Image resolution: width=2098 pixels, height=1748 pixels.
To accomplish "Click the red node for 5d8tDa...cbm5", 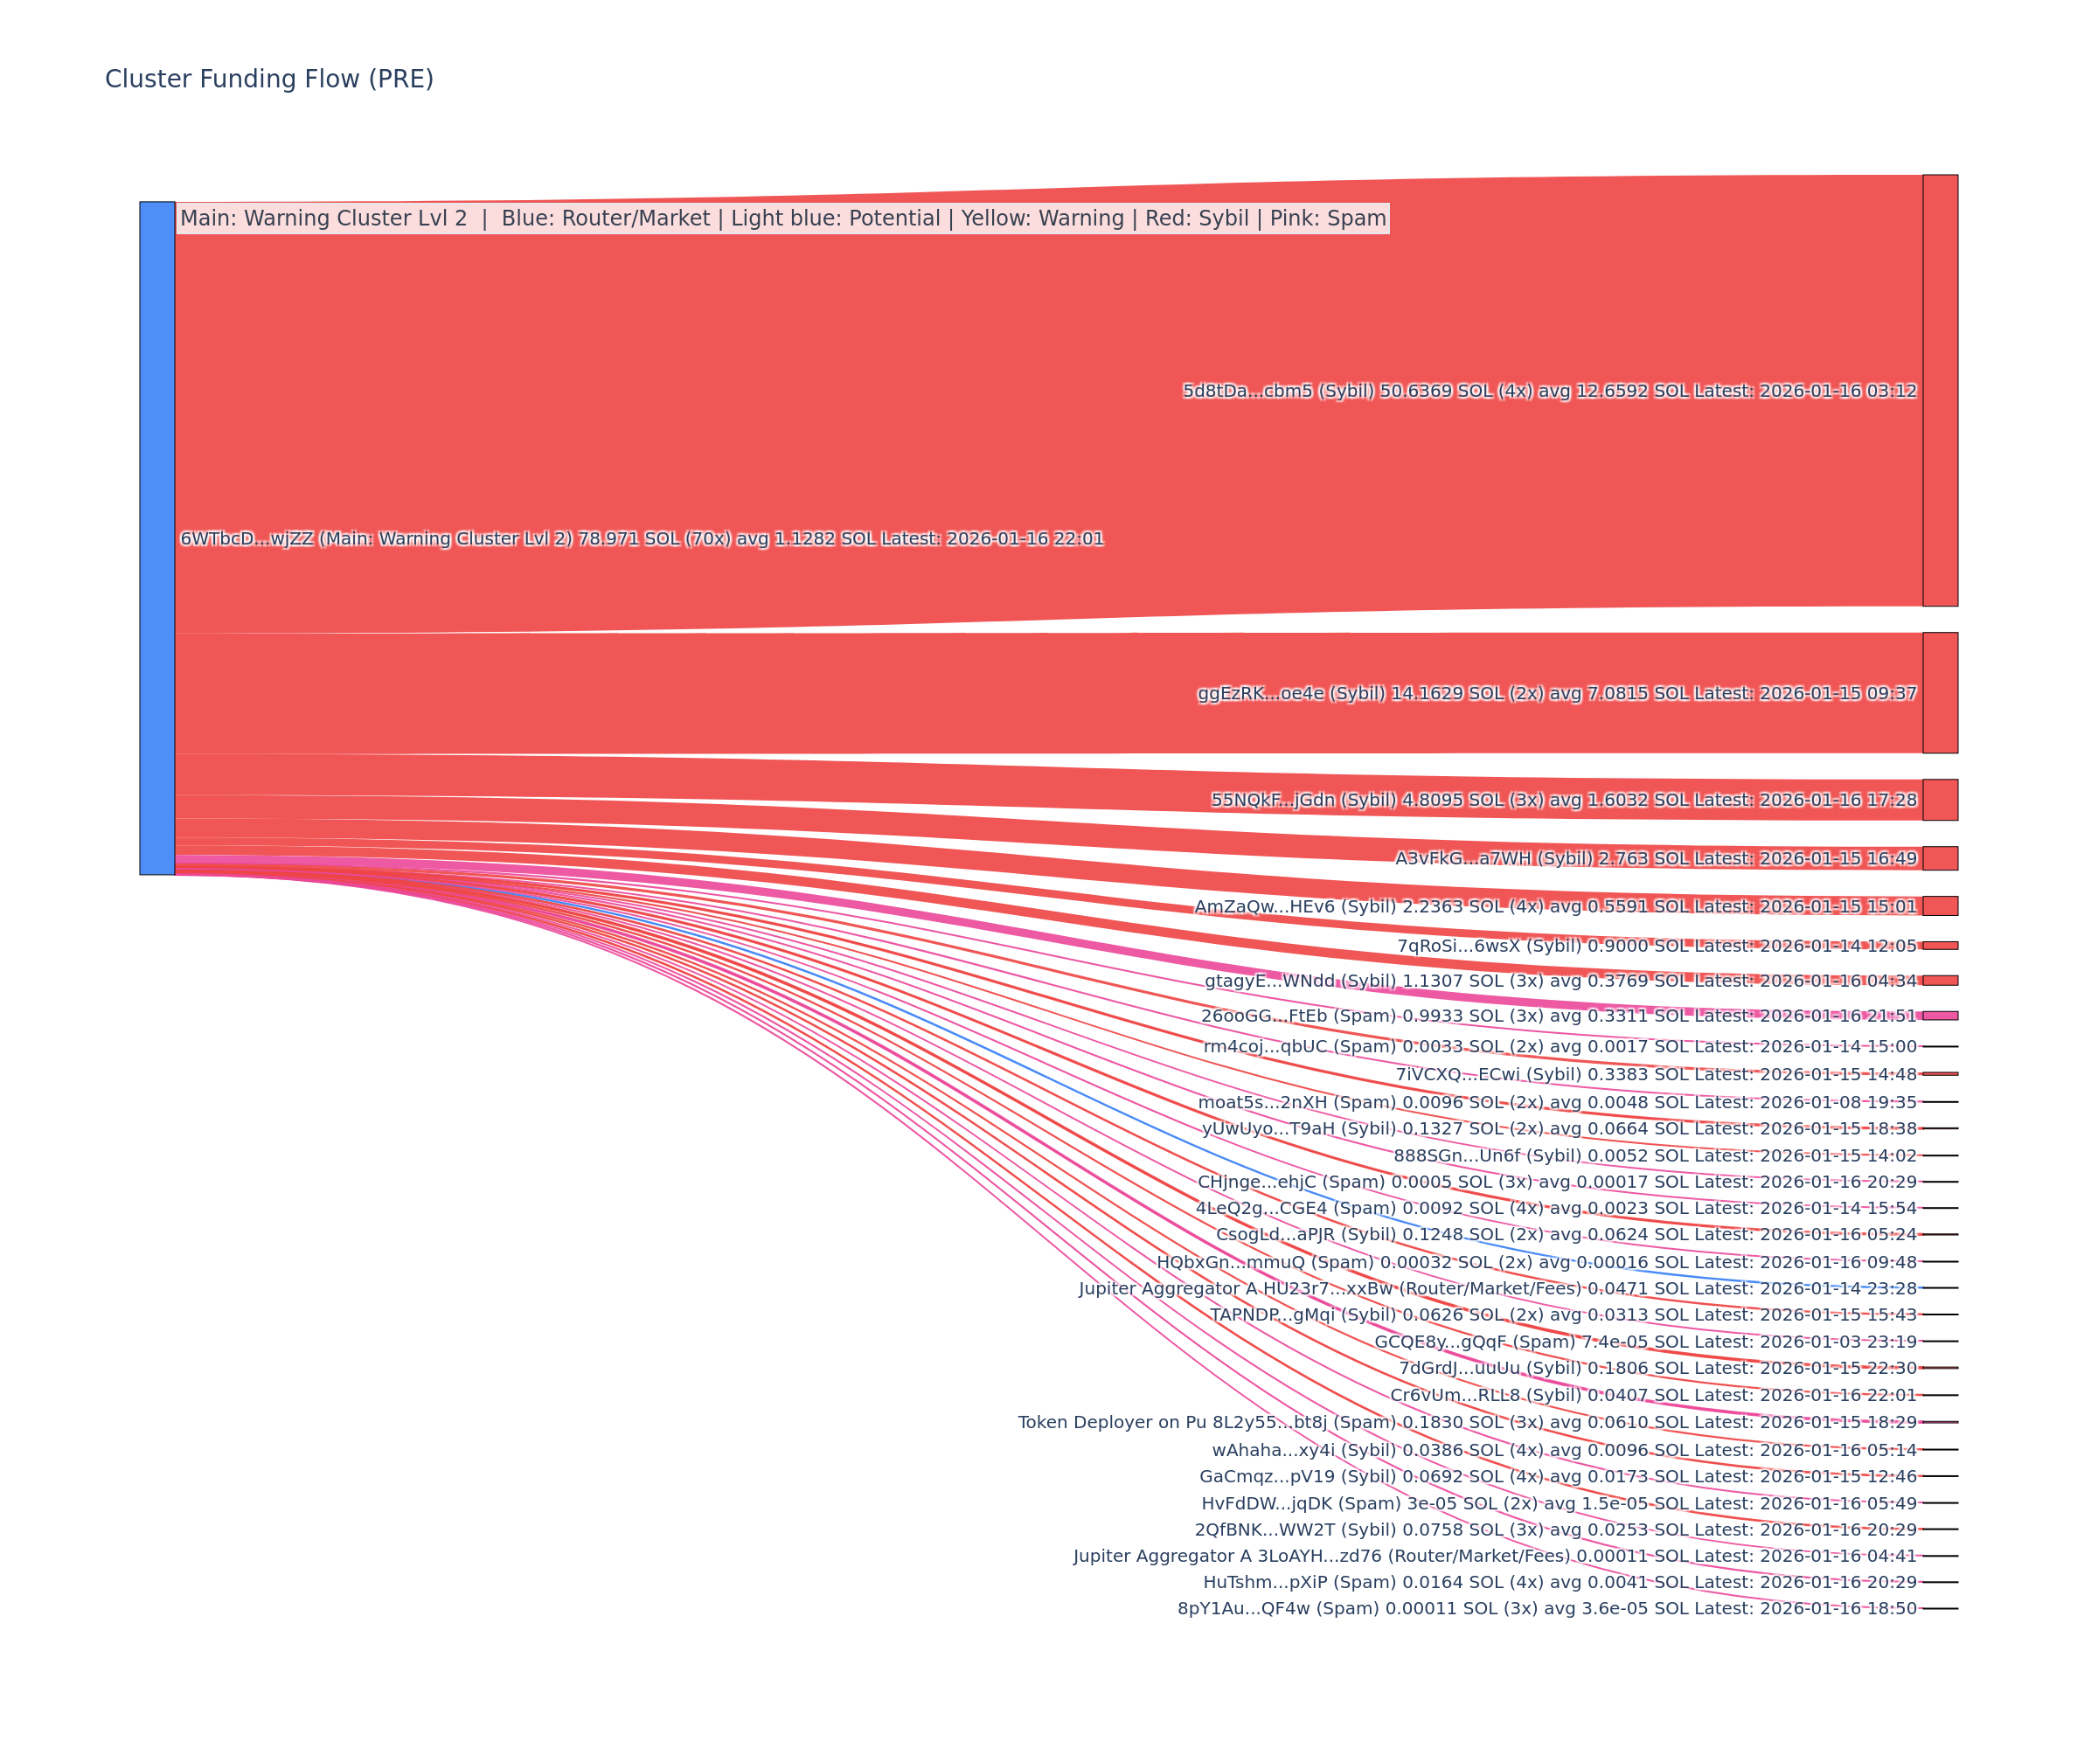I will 1939,391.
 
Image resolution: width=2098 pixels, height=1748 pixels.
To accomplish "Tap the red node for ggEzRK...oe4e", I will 1939,692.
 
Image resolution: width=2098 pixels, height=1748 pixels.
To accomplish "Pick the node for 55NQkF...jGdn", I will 1939,799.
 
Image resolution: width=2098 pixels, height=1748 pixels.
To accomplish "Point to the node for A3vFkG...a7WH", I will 1939,858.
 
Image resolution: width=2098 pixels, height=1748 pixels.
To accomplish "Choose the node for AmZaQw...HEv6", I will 1939,906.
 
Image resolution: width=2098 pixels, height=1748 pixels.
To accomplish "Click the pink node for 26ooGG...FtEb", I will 1939,1016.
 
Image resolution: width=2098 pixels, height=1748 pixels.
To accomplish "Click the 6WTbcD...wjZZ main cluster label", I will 642,538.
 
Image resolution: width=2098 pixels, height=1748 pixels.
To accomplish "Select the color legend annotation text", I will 782,218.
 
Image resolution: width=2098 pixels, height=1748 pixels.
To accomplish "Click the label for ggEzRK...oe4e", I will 1557,693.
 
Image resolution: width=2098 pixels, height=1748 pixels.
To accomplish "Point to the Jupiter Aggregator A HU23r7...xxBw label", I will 1497,1288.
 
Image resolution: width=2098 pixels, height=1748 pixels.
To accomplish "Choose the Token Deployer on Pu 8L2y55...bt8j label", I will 1467,1422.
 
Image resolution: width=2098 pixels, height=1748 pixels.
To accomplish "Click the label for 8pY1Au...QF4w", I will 1546,1608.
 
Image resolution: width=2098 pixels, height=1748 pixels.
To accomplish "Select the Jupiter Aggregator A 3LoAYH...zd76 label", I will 1495,1555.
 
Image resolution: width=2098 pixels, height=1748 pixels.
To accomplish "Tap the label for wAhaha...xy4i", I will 1564,1450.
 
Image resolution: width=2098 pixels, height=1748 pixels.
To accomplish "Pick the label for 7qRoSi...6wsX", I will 1657,946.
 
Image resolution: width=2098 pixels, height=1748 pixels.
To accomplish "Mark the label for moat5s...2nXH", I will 1557,1103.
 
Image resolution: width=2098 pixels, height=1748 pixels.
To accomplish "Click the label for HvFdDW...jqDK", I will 1559,1503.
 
